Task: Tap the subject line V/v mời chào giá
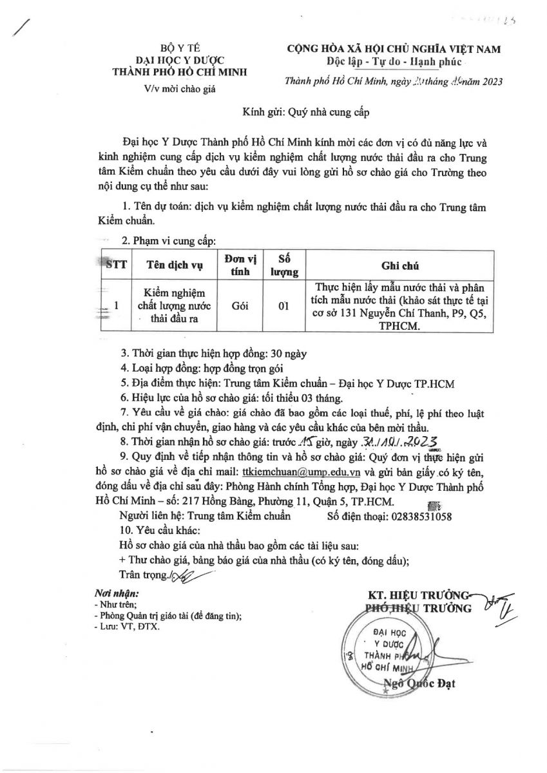(172, 89)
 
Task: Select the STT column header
(115, 265)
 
